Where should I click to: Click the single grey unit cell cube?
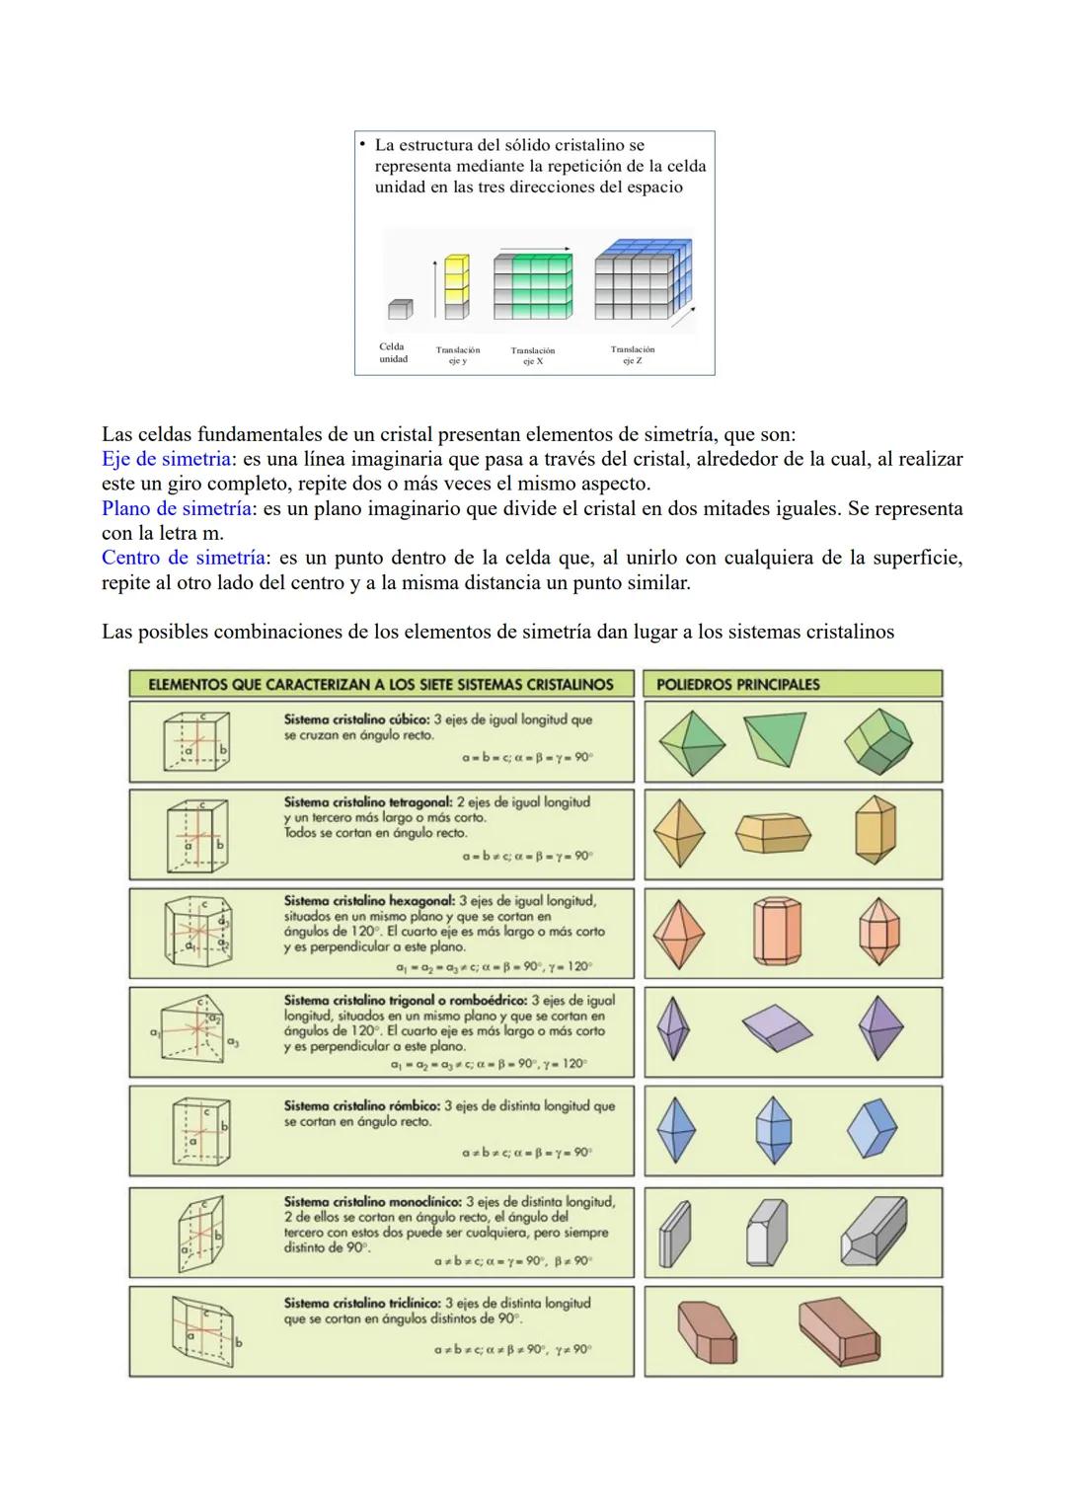pyautogui.click(x=399, y=309)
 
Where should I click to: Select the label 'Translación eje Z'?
pyautogui.click(x=632, y=355)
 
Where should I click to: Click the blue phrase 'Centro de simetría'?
pyautogui.click(x=184, y=558)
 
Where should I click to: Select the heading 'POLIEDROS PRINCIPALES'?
pyautogui.click(x=737, y=684)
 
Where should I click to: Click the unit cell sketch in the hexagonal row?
pyautogui.click(x=197, y=933)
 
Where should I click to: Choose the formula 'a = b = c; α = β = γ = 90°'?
pyautogui.click(x=526, y=758)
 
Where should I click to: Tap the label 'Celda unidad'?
pyautogui.click(x=393, y=353)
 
